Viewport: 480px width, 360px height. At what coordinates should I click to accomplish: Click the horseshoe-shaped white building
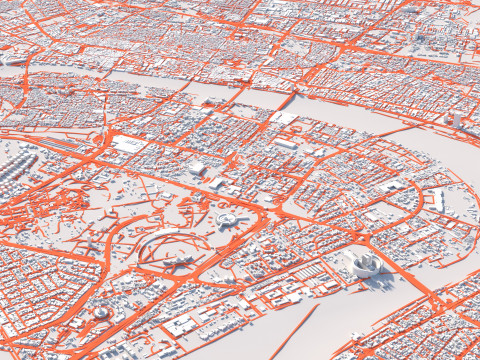pyautogui.click(x=363, y=264)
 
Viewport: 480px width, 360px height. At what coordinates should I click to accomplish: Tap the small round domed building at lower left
pyautogui.click(x=101, y=313)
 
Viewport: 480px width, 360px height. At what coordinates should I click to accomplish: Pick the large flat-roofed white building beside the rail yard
pyautogui.click(x=129, y=144)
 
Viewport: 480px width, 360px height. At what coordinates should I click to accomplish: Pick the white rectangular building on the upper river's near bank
pyautogui.click(x=284, y=118)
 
